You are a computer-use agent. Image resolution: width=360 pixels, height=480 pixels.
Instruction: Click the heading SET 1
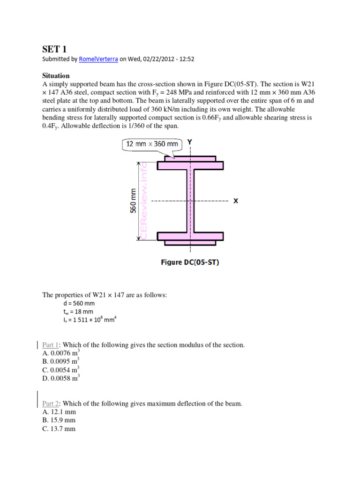(x=54, y=49)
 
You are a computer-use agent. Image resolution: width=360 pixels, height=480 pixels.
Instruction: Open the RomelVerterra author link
(x=98, y=59)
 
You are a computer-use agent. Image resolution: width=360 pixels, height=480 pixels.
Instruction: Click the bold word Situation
(x=56, y=75)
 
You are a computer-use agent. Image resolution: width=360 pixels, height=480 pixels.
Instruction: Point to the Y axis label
(x=189, y=141)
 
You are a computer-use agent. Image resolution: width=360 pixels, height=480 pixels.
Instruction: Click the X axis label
(x=235, y=201)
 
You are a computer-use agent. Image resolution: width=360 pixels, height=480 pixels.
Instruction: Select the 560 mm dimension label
(x=133, y=201)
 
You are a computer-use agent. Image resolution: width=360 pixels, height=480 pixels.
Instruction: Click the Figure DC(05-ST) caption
(x=190, y=262)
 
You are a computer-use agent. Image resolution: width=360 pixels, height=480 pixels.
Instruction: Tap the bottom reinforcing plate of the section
(x=190, y=242)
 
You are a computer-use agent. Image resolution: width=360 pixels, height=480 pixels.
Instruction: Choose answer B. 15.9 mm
(x=59, y=420)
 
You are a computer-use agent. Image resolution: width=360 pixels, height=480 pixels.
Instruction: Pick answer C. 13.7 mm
(x=59, y=428)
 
